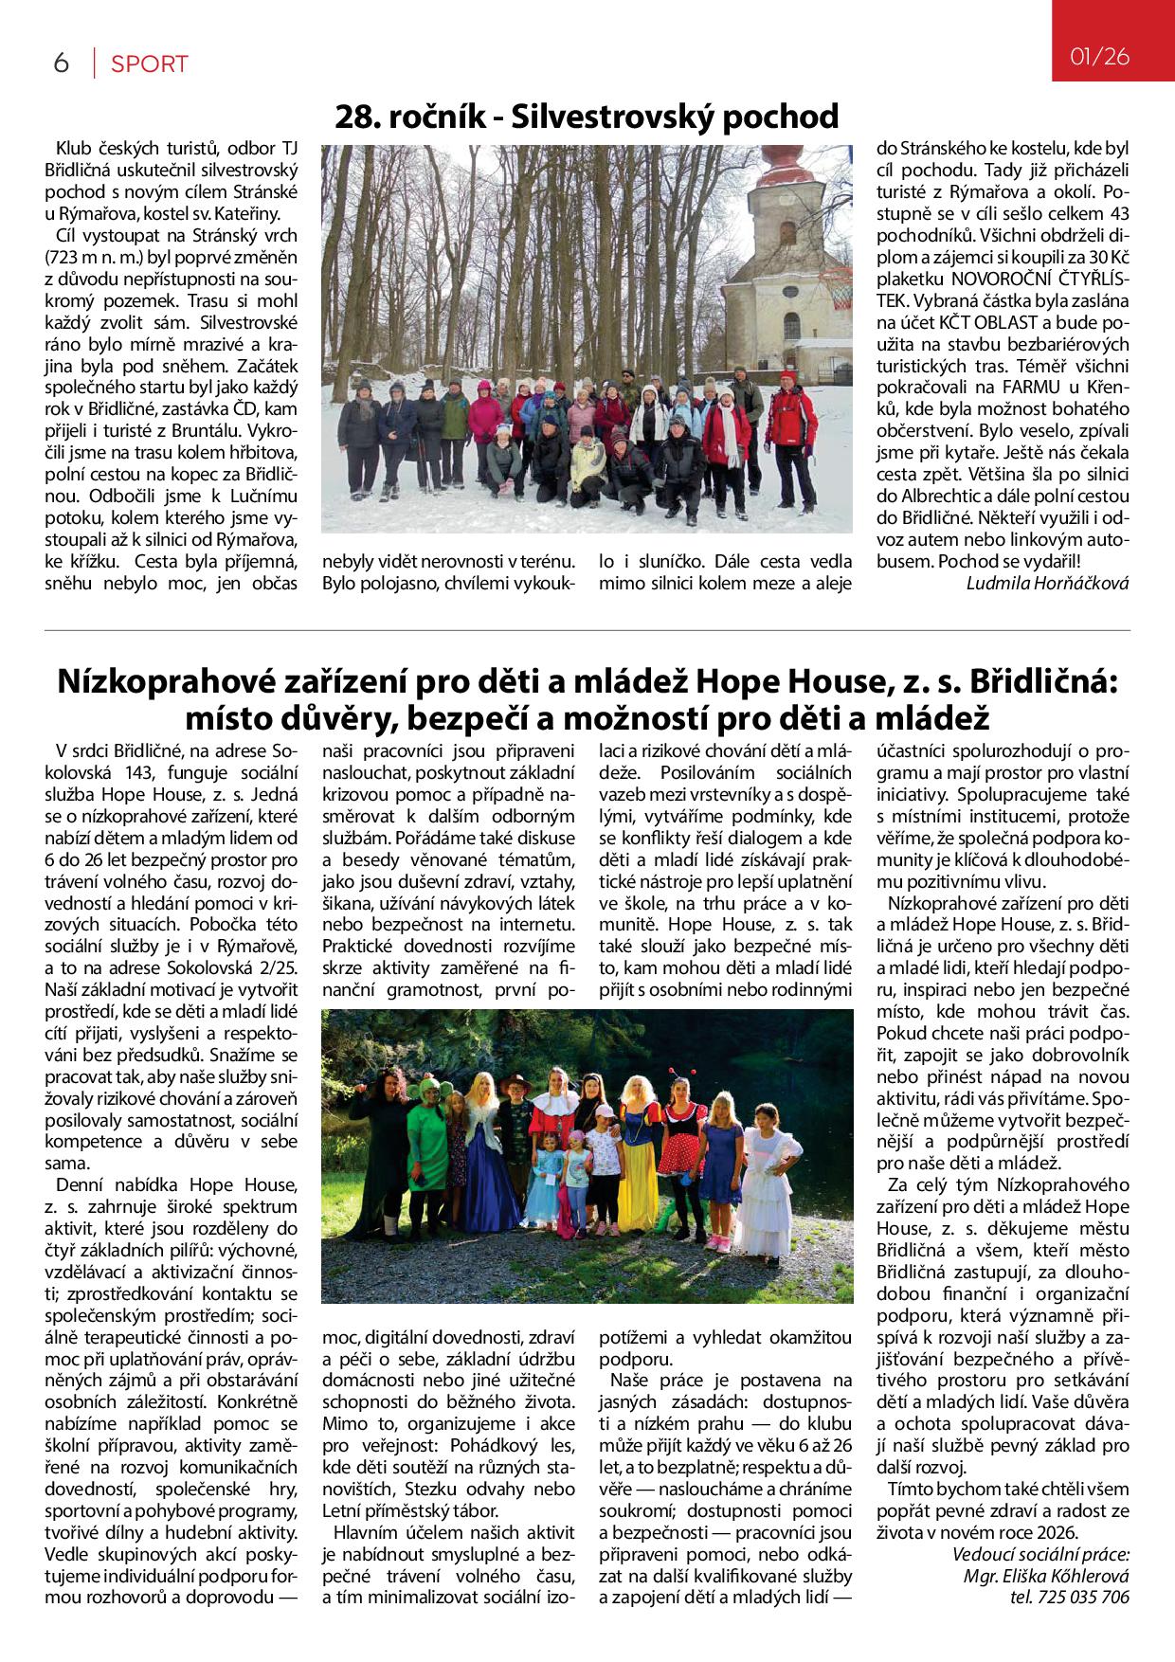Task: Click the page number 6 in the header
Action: pyautogui.click(x=62, y=63)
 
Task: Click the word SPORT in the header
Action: pyautogui.click(x=150, y=64)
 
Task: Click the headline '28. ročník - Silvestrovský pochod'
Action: pyautogui.click(x=587, y=117)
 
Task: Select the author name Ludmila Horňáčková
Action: pyautogui.click(x=1047, y=583)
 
